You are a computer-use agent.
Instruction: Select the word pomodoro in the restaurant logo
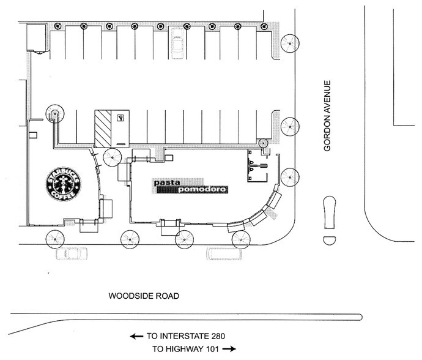point(202,190)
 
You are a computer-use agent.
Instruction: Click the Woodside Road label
point(144,296)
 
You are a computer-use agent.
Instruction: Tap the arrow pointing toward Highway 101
point(229,348)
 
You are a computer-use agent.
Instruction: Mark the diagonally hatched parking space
point(102,127)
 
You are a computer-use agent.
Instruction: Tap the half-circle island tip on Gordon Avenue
point(328,238)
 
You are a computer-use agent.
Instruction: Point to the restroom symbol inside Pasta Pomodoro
point(256,165)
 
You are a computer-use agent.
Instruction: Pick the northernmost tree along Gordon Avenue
point(290,43)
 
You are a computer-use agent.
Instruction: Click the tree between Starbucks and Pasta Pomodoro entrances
point(113,157)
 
